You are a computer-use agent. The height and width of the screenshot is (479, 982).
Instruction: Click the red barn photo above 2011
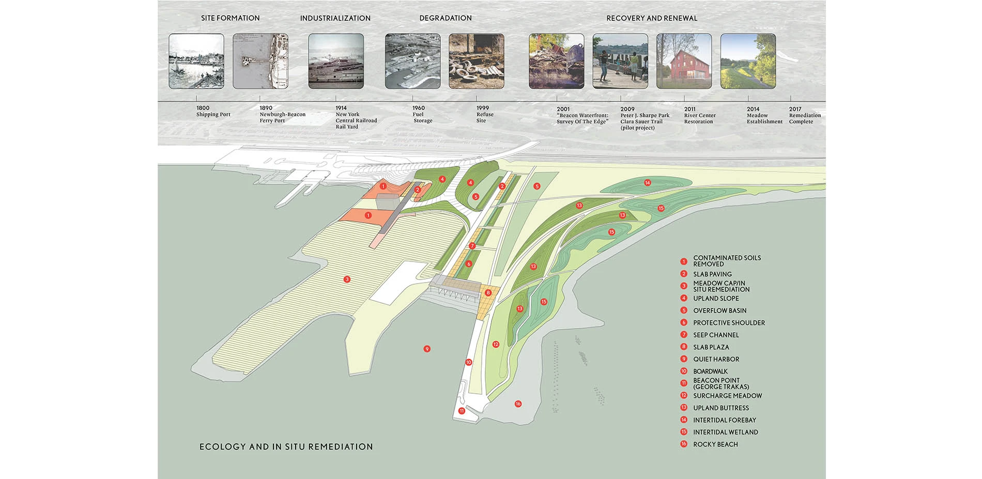click(684, 61)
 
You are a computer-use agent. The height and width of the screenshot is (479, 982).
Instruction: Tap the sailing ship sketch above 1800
click(196, 61)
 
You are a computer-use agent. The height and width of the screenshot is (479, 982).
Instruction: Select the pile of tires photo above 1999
click(477, 61)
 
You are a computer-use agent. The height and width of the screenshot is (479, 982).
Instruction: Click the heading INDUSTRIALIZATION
click(335, 18)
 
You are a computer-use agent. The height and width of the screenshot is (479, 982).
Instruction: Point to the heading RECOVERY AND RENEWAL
click(652, 18)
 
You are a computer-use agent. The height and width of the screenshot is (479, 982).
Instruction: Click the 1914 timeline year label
click(341, 108)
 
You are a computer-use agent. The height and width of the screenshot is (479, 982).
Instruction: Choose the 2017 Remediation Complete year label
click(795, 109)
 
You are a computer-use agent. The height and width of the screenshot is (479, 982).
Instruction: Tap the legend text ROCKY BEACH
click(715, 444)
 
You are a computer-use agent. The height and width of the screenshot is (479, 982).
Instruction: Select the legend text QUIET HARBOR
click(716, 359)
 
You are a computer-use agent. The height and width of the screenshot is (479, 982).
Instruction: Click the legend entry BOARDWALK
click(710, 372)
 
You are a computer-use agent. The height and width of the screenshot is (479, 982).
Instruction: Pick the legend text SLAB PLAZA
click(711, 347)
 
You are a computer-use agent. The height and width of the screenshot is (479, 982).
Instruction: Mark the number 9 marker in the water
click(427, 349)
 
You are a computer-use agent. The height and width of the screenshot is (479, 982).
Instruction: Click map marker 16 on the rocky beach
click(518, 404)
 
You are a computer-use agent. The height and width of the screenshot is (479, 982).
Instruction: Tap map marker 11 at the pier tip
click(462, 411)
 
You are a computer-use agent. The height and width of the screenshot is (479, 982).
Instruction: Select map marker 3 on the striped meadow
click(347, 280)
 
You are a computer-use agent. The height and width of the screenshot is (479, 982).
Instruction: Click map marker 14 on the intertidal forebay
click(647, 182)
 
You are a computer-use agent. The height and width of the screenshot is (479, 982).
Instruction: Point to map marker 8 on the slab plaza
click(488, 293)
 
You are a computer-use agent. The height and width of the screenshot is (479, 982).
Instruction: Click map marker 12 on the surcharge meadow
click(496, 344)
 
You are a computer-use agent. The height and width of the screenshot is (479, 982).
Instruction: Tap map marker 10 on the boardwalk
click(469, 362)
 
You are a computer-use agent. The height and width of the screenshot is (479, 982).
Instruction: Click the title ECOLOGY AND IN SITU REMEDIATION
click(286, 447)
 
